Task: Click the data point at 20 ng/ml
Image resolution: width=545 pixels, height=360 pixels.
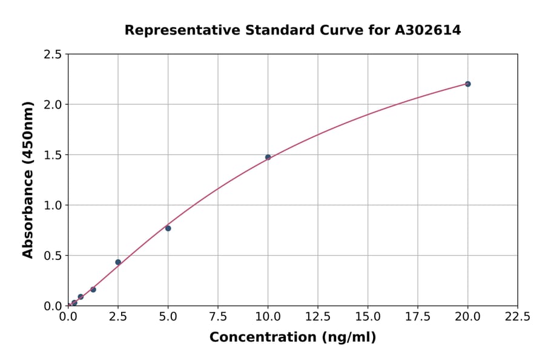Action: tap(467, 84)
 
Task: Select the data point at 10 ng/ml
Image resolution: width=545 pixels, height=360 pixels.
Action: tap(268, 157)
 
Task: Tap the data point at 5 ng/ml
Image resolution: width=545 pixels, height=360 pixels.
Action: tap(168, 228)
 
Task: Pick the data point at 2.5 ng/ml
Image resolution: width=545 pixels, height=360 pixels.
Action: tap(118, 262)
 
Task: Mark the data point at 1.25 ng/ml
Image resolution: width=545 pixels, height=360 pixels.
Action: tap(93, 290)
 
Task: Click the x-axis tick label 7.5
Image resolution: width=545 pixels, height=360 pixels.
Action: tap(218, 317)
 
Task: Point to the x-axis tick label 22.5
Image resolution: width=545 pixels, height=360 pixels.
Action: tap(517, 317)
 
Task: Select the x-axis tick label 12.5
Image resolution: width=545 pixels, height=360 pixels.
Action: tap(318, 317)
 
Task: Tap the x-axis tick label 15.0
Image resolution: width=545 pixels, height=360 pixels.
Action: tap(368, 317)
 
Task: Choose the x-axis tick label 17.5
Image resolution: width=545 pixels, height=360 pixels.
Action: tap(417, 317)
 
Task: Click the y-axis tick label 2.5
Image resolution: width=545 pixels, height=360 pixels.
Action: tap(52, 55)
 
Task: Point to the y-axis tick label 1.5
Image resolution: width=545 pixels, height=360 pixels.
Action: tap(52, 155)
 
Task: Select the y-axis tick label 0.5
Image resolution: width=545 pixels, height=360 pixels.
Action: tap(52, 256)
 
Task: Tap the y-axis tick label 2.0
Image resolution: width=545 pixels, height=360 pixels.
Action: tap(52, 105)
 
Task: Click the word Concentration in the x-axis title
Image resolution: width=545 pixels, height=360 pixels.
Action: tap(259, 338)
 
